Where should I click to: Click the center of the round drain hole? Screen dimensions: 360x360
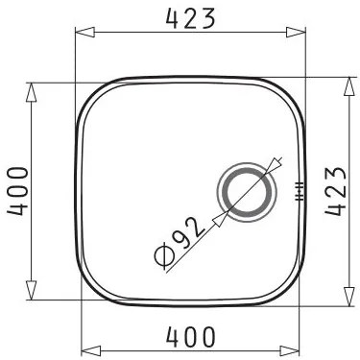click(x=251, y=188)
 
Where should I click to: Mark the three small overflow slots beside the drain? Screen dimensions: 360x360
click(x=299, y=189)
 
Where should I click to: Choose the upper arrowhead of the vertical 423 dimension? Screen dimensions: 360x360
click(x=348, y=85)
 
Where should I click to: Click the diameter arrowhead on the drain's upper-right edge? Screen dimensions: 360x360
click(x=276, y=165)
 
